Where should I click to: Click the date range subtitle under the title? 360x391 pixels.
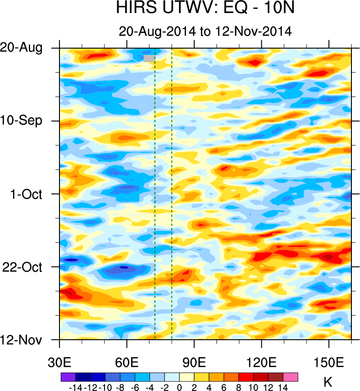(205, 31)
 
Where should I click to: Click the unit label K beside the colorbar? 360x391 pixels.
(328, 383)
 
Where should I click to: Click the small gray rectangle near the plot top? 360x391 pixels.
(149, 58)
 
